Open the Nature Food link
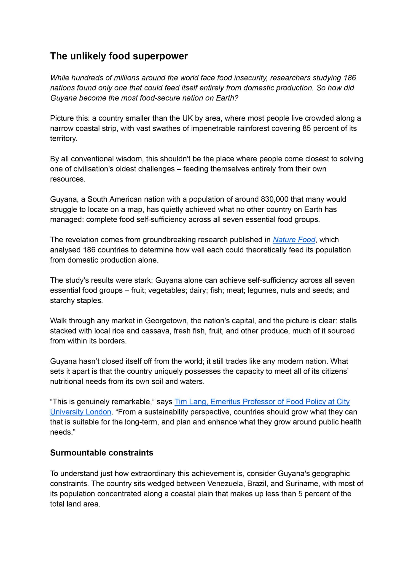[x=294, y=240]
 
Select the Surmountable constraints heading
[x=102, y=453]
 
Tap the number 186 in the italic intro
[x=349, y=78]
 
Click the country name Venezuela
[x=225, y=483]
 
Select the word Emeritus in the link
[x=225, y=402]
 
